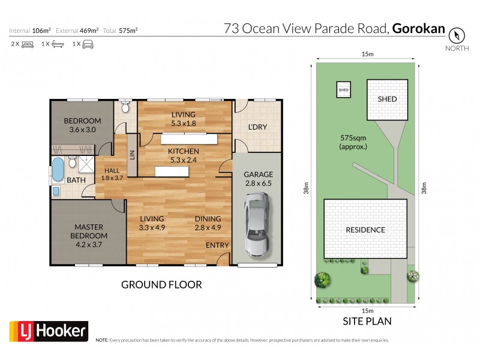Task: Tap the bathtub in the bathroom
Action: [57, 170]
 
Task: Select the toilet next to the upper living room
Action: [125, 107]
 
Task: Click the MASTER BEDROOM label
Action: [89, 232]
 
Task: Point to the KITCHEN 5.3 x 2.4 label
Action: [183, 155]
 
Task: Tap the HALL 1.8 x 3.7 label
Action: [112, 173]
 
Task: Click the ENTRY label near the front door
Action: [217, 245]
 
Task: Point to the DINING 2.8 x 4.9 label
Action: [208, 223]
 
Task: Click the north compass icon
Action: [457, 34]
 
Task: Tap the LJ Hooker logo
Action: [49, 331]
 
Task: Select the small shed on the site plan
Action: [344, 89]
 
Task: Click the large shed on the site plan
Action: [387, 98]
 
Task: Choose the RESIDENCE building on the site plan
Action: [365, 230]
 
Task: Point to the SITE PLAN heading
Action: [367, 321]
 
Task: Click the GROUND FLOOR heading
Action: [161, 284]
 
